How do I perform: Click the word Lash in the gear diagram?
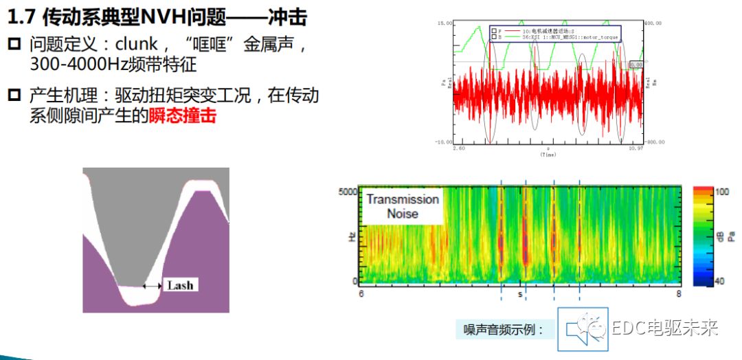coord(180,285)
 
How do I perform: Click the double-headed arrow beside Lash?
coord(152,285)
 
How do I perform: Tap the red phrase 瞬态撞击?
coord(182,115)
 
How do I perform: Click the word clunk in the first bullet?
coord(138,45)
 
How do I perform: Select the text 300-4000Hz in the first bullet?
coord(75,65)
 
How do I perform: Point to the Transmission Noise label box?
coord(403,206)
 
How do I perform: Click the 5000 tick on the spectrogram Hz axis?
coord(348,192)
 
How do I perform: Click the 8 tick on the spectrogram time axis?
coord(679,294)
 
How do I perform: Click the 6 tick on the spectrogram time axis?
coord(361,294)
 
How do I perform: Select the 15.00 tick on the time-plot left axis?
coord(445,23)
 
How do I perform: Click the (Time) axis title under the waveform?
coord(548,155)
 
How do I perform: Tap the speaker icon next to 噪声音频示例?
coord(578,330)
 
